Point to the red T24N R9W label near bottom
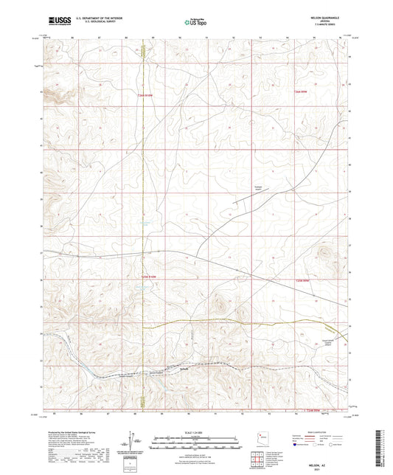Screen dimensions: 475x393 [313, 410]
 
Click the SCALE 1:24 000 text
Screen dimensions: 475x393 [196, 433]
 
